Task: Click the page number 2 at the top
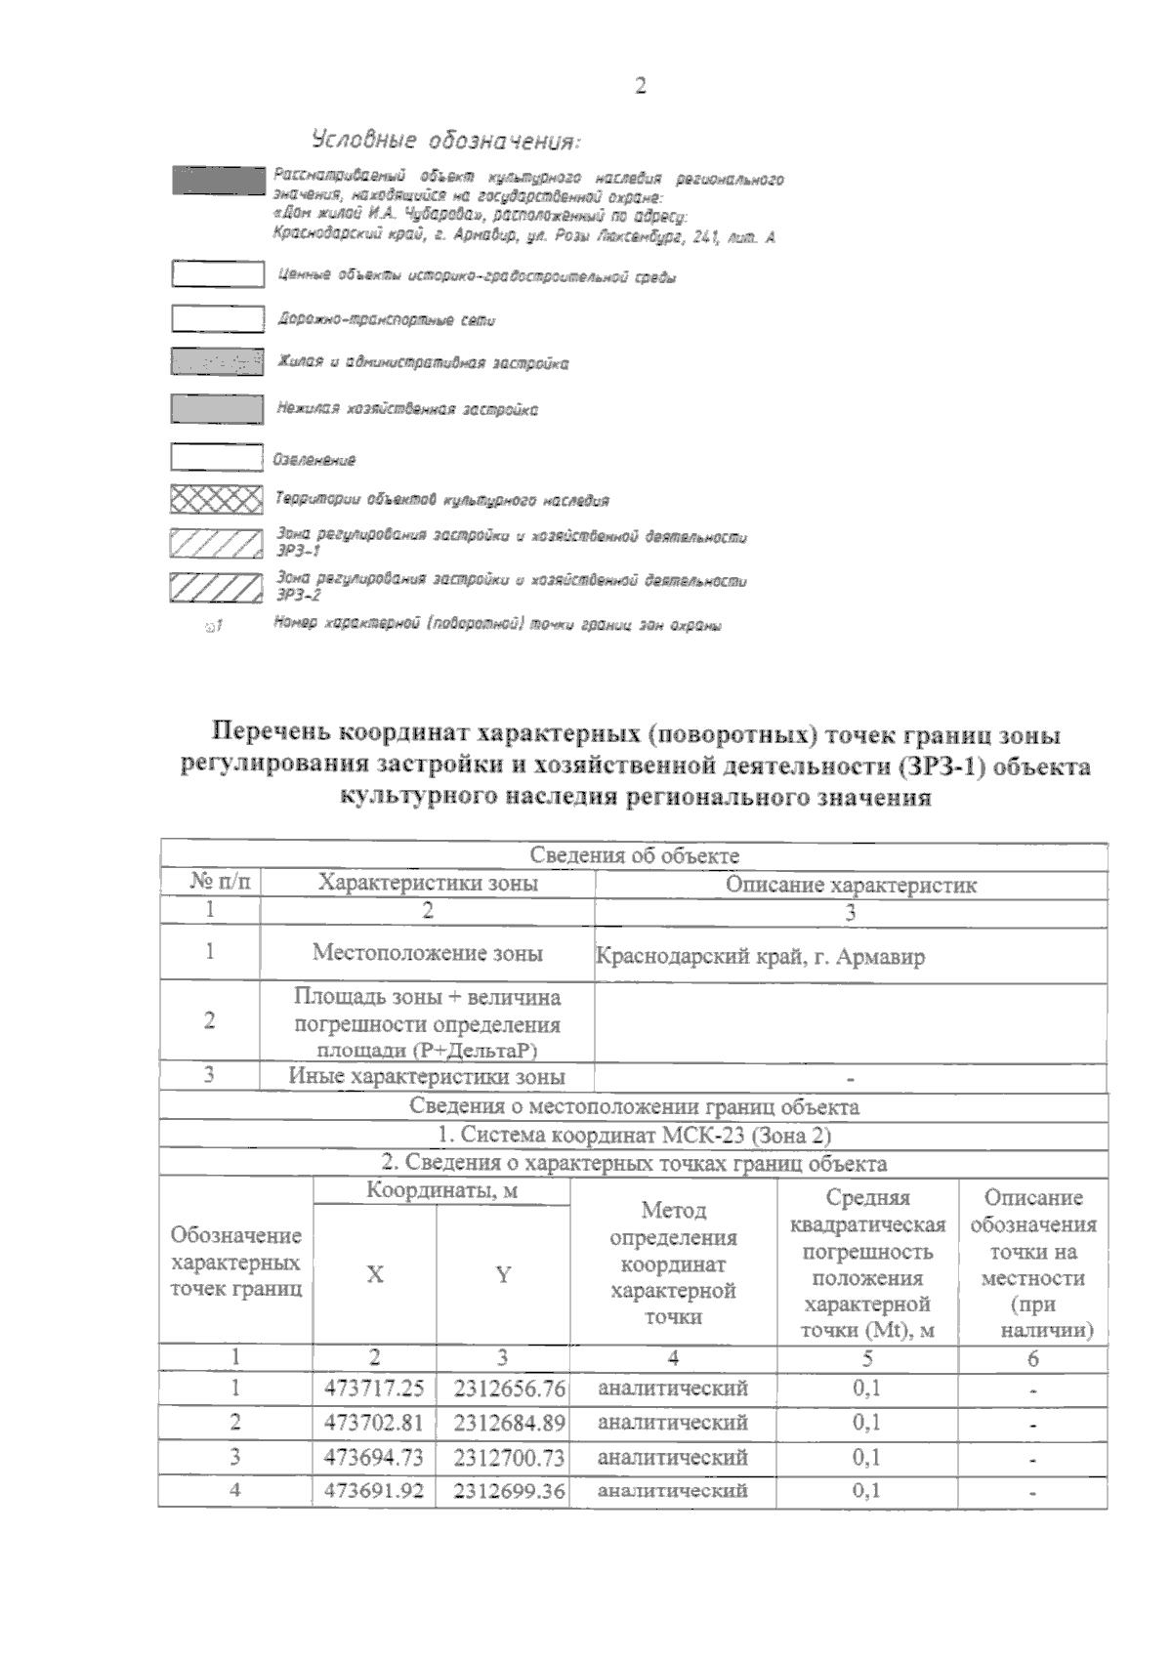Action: pyautogui.click(x=640, y=87)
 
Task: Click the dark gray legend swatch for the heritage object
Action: pyautogui.click(x=218, y=181)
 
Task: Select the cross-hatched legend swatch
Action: pyautogui.click(x=216, y=501)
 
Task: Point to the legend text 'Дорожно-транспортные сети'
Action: pyautogui.click(x=387, y=319)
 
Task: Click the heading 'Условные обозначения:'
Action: pyautogui.click(x=445, y=141)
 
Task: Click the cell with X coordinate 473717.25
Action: pyautogui.click(x=374, y=1388)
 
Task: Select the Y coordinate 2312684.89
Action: pyautogui.click(x=503, y=1422)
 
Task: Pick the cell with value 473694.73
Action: pyautogui.click(x=374, y=1456)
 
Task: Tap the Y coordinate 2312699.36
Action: pyautogui.click(x=503, y=1490)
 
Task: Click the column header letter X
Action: pyautogui.click(x=374, y=1274)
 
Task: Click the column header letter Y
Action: pyautogui.click(x=503, y=1274)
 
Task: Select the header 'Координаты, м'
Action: pyautogui.click(x=441, y=1191)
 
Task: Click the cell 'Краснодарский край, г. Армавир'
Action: pyautogui.click(x=760, y=956)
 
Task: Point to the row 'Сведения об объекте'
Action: pyautogui.click(x=634, y=856)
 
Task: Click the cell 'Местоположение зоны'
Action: pyautogui.click(x=427, y=952)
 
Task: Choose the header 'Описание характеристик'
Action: pyautogui.click(x=850, y=885)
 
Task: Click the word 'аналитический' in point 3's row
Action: pyautogui.click(x=672, y=1457)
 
